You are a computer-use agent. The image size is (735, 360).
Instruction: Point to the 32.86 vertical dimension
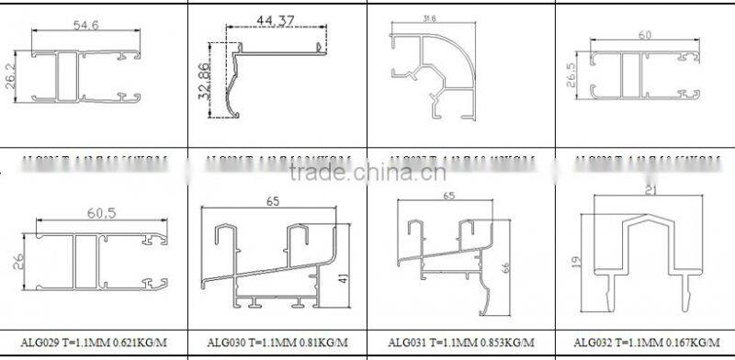click(202, 80)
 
